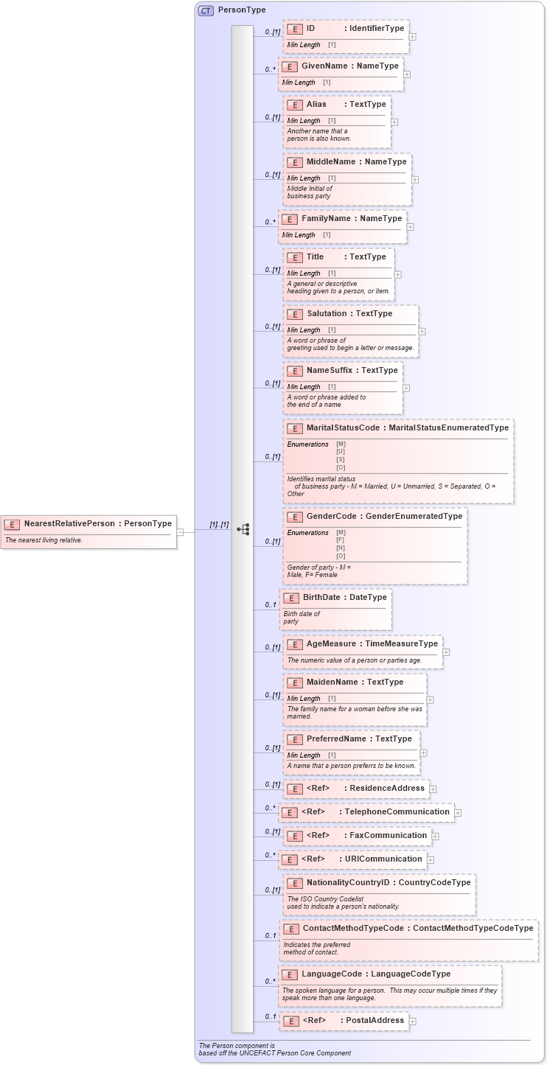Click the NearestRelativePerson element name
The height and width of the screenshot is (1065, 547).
(x=69, y=523)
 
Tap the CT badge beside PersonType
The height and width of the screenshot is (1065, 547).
(x=206, y=10)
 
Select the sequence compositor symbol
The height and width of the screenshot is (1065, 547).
(x=243, y=529)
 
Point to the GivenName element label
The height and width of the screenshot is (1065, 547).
(x=324, y=66)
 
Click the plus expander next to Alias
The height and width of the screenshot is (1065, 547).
(x=394, y=122)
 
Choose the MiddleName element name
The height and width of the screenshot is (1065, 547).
(x=331, y=161)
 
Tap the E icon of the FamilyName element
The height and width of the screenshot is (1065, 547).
(x=290, y=219)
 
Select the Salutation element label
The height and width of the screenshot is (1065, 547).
(x=327, y=313)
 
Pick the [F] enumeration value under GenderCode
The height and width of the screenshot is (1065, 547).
(x=341, y=540)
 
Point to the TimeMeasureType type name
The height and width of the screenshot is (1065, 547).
(x=402, y=643)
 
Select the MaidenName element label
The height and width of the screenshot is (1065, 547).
(x=332, y=682)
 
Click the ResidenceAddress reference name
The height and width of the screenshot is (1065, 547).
(x=387, y=788)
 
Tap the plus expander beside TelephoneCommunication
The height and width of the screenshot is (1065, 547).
(x=458, y=813)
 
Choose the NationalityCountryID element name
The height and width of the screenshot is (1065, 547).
(x=347, y=882)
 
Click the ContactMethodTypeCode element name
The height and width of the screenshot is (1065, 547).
(x=353, y=928)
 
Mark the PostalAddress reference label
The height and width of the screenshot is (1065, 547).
(x=375, y=1020)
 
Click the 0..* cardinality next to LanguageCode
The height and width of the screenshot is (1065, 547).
(x=270, y=981)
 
